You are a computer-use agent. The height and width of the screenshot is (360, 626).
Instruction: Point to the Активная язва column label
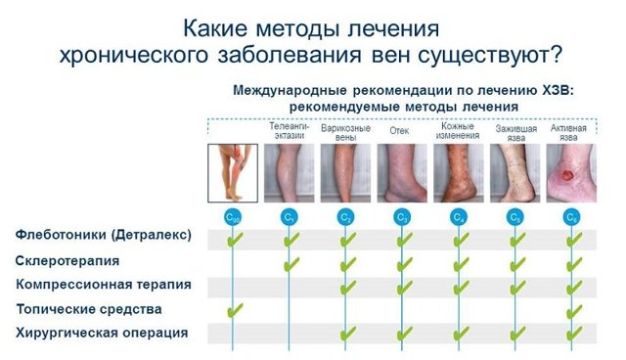point(569,132)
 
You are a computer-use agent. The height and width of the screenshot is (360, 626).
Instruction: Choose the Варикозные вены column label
point(345,132)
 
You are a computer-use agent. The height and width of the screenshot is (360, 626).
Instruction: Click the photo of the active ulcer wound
point(570,174)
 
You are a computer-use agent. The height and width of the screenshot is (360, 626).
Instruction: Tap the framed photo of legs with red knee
point(234,173)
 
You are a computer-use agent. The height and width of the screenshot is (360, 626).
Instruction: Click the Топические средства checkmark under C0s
point(234,311)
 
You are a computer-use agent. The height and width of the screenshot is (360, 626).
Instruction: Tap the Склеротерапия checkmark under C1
point(290,263)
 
